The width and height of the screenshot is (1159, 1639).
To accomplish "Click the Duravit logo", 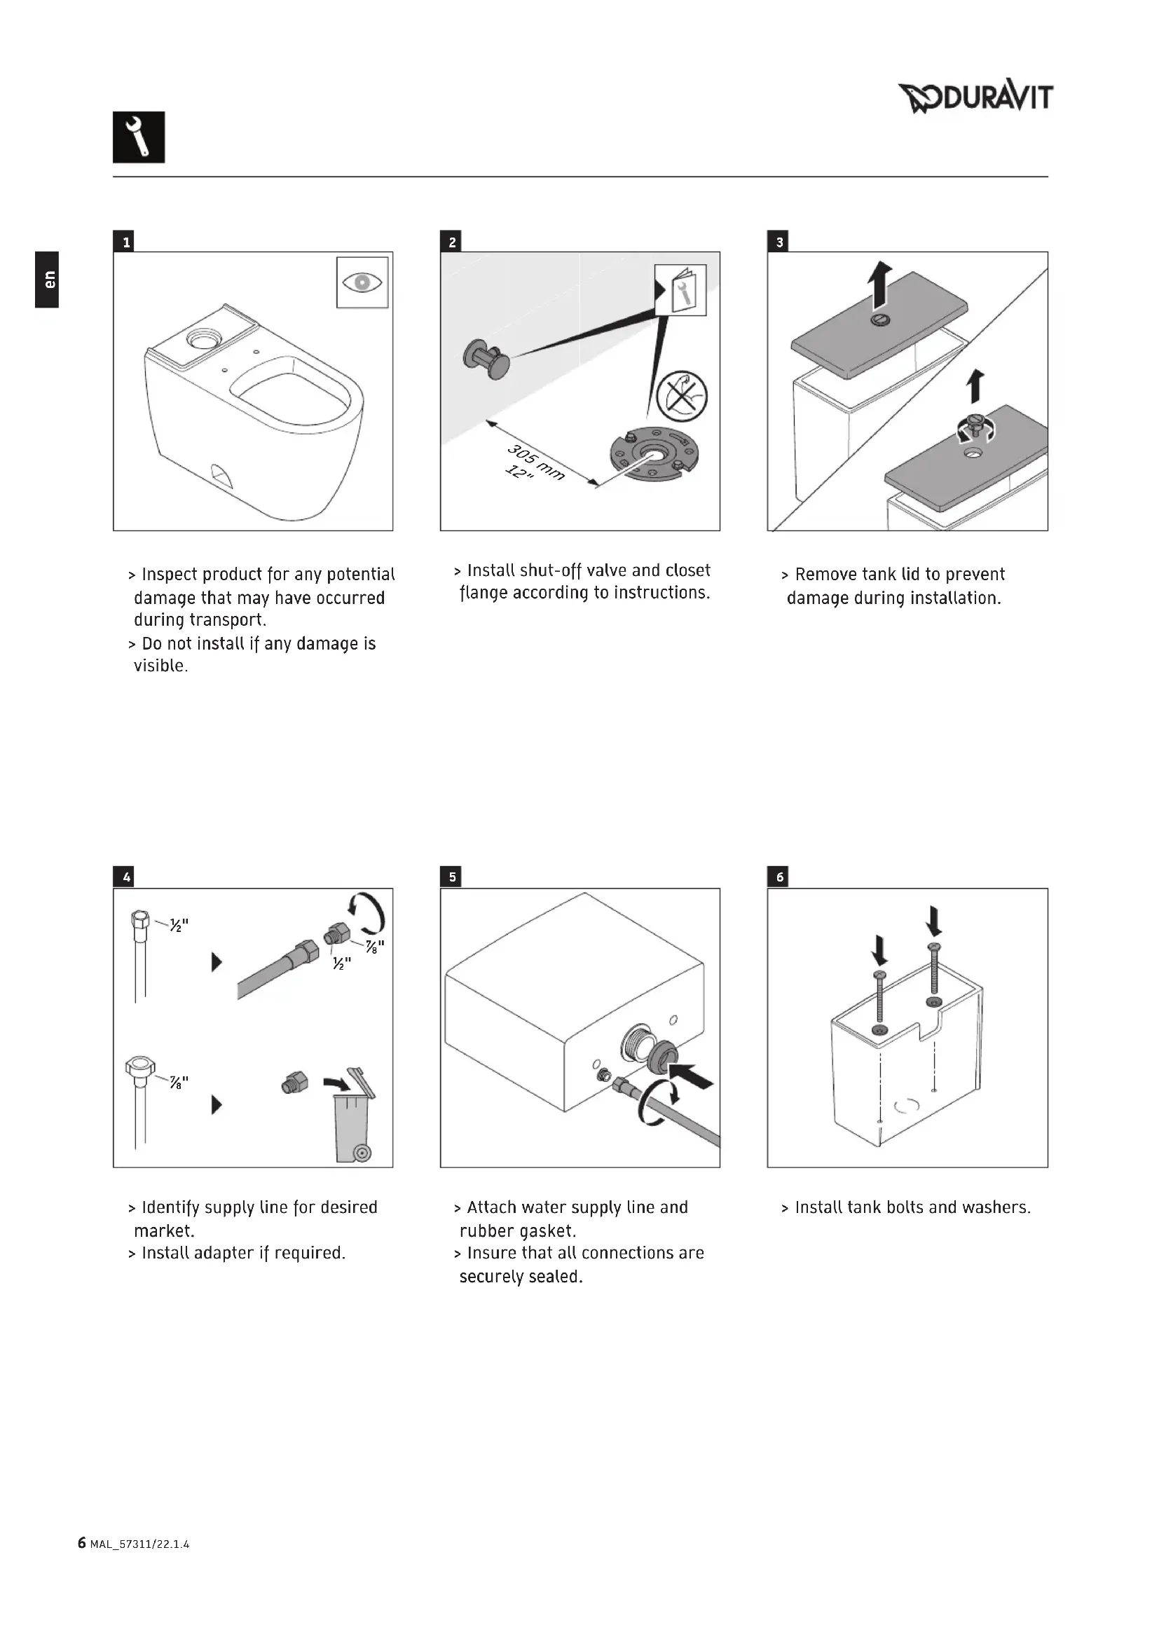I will tap(975, 97).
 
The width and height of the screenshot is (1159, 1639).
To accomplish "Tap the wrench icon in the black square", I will tap(139, 137).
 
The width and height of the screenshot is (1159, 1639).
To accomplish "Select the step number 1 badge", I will tap(126, 242).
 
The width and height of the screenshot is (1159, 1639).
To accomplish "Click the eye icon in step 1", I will tap(362, 282).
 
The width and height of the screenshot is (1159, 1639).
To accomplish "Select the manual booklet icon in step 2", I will tap(681, 290).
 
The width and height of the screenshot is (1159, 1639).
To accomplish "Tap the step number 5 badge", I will tap(453, 877).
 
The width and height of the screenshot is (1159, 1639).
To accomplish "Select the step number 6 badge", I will tap(779, 877).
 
